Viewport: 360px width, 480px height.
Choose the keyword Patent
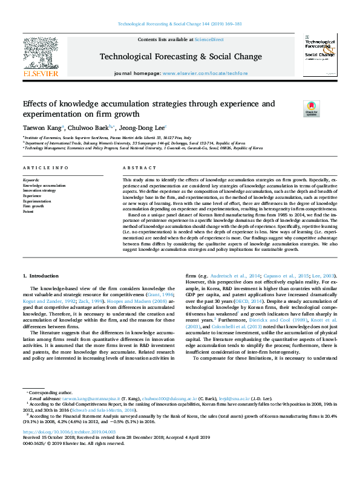coord(29,212)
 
